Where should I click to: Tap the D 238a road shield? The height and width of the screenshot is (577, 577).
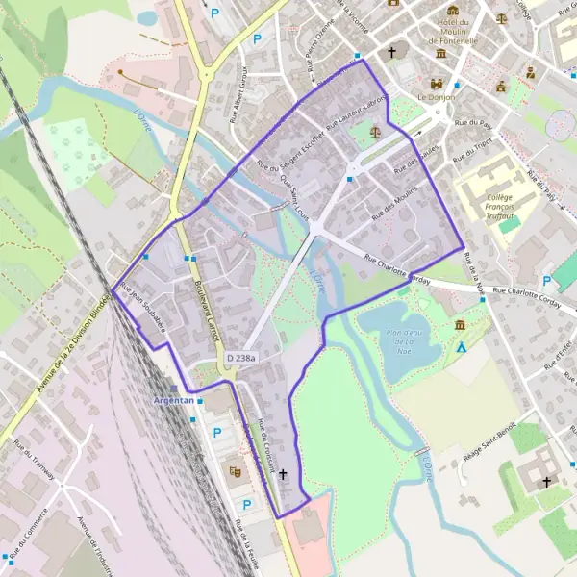(x=242, y=358)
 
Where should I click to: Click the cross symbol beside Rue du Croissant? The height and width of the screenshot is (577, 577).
(x=283, y=474)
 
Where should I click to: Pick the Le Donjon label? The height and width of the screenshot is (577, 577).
(x=435, y=97)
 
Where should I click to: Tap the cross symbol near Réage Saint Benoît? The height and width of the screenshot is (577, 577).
(x=547, y=480)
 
